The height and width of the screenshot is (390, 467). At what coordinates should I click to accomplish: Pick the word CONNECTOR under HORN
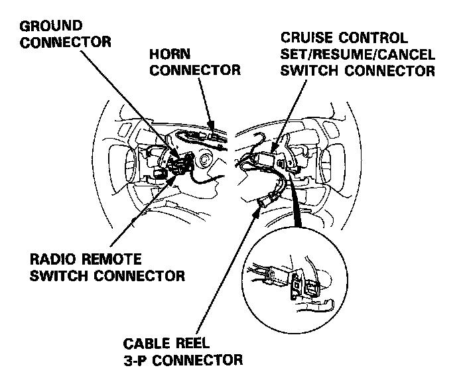click(194, 70)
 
